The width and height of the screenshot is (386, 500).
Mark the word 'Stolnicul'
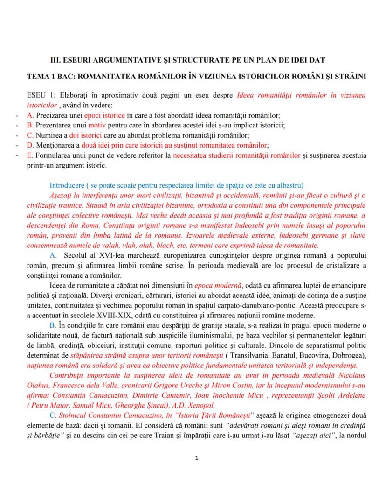click(77, 415)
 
